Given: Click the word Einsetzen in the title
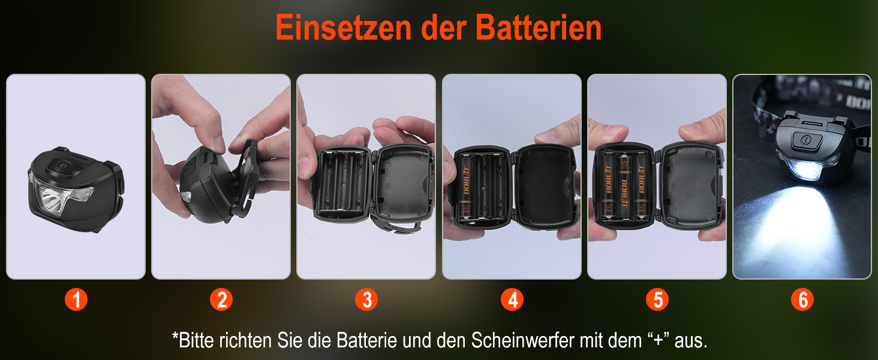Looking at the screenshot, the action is pos(344,28).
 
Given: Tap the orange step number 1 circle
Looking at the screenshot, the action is pos(76,299).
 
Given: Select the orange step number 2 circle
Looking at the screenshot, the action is pos(221,299).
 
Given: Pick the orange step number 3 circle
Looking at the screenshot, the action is pos(366,299).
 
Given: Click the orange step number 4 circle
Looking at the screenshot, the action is pos(512,299).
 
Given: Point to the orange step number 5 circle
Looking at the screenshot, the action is pos(657,299).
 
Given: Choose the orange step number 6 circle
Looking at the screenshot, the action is pos(802,299).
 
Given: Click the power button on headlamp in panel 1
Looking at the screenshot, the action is pos(64,167).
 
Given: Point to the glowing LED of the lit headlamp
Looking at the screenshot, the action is pos(808,171).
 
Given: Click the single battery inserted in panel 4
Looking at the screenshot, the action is pos(467,186).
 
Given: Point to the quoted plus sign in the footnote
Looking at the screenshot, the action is pos(658,340).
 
